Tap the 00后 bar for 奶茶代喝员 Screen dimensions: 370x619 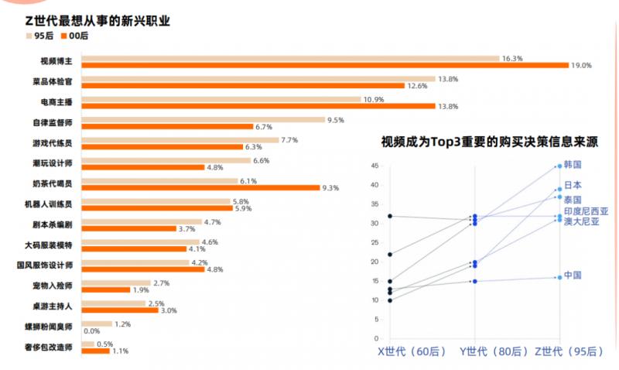pyautogui.click(x=200, y=187)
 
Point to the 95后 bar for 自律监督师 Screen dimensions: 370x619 pyautogui.click(x=203, y=120)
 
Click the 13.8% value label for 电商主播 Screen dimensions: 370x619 pyautogui.click(x=448, y=106)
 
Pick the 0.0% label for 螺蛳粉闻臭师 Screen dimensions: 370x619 pyautogui.click(x=92, y=331)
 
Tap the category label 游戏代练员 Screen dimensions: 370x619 pyautogui.click(x=56, y=142)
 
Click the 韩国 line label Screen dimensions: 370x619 pyautogui.click(x=573, y=165)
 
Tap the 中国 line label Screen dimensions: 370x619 pyautogui.click(x=573, y=276)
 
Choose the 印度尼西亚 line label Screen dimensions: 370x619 pyautogui.click(x=586, y=211)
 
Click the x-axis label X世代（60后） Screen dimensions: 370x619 pyautogui.click(x=412, y=351)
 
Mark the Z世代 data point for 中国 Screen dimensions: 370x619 pyautogui.click(x=559, y=277)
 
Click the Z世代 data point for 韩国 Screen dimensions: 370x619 pyautogui.click(x=559, y=166)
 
